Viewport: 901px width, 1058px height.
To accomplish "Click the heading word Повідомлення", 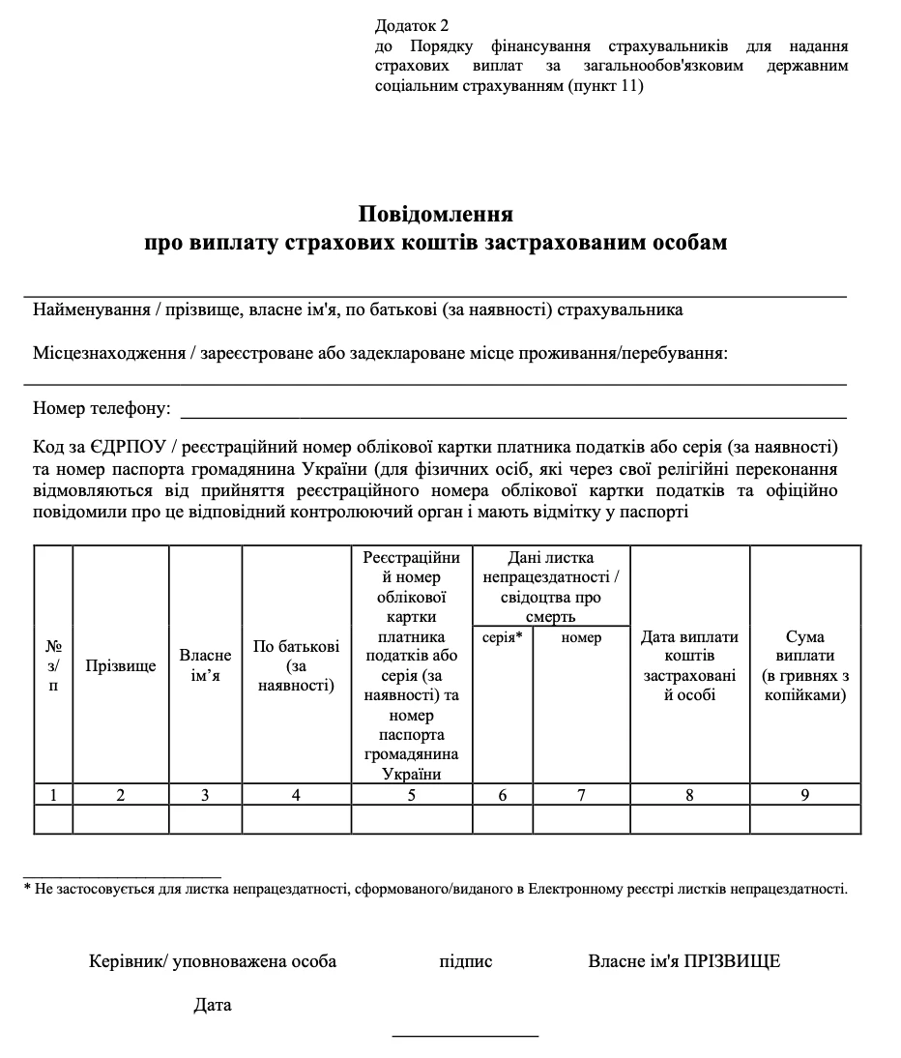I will point(435,213).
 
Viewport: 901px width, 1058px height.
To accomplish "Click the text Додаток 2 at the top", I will point(411,26).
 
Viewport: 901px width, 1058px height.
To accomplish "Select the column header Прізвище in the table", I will point(121,666).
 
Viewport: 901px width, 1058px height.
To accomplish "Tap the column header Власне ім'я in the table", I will point(205,665).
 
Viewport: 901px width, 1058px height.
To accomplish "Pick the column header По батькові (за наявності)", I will point(296,665).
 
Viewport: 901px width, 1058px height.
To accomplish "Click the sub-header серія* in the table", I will point(502,637).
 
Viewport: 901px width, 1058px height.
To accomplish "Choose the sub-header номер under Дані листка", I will point(581,637).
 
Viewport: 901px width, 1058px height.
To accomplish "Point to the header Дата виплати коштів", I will point(689,665).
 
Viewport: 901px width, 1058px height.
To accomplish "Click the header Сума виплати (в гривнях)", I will point(804,665).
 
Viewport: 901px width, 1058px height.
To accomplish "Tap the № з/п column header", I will point(53,665).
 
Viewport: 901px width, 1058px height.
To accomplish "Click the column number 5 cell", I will point(412,795).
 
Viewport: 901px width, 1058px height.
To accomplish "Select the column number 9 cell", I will point(804,795).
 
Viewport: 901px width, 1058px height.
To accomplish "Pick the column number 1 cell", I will point(53,795).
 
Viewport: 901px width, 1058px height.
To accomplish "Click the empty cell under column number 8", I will point(689,819).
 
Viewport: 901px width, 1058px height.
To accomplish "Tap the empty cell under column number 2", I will point(121,819).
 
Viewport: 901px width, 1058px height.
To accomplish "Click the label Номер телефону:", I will point(102,408).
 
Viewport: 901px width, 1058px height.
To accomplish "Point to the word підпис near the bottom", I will point(465,961).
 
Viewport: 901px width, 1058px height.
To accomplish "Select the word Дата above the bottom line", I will point(212,1005).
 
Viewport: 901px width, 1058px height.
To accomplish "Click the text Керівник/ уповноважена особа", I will point(213,961).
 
